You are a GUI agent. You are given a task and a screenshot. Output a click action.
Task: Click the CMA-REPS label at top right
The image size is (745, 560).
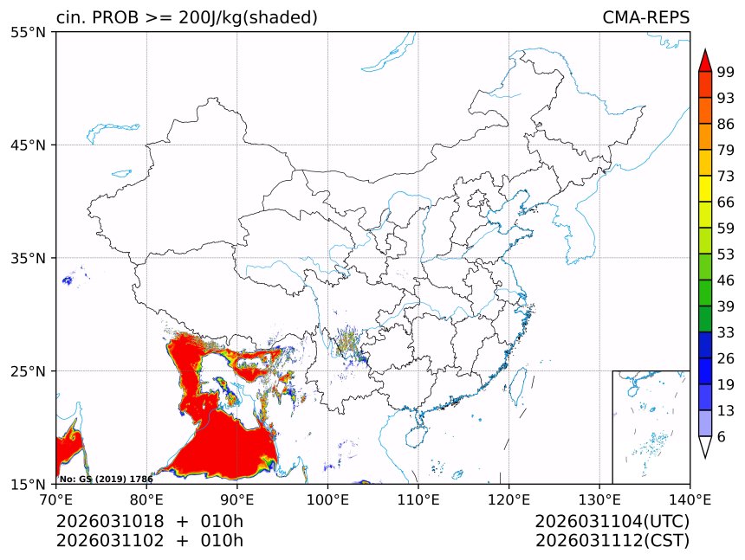pyautogui.click(x=645, y=17)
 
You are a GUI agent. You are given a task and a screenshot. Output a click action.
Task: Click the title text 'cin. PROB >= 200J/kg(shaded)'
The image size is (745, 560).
pyautogui.click(x=186, y=17)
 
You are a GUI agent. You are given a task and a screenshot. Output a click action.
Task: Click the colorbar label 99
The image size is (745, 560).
pyautogui.click(x=726, y=72)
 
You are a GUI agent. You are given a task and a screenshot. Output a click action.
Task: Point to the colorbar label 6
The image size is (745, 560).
pyautogui.click(x=722, y=436)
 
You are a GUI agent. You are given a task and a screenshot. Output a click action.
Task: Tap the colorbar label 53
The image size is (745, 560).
pyautogui.click(x=726, y=254)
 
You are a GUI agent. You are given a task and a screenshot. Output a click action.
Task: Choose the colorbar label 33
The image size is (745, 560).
pyautogui.click(x=726, y=332)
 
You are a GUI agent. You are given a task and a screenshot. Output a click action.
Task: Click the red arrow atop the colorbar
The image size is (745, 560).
pyautogui.click(x=705, y=61)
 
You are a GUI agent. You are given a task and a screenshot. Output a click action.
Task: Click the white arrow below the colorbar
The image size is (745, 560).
pyautogui.click(x=705, y=447)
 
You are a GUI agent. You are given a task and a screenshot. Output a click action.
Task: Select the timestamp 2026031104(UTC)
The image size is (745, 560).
pyautogui.click(x=612, y=522)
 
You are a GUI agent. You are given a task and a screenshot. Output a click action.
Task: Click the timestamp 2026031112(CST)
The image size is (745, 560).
pyautogui.click(x=612, y=541)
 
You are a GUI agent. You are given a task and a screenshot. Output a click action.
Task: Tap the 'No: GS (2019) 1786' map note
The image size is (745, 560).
pyautogui.click(x=106, y=479)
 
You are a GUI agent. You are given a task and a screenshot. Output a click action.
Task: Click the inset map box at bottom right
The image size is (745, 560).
pyautogui.click(x=651, y=427)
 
